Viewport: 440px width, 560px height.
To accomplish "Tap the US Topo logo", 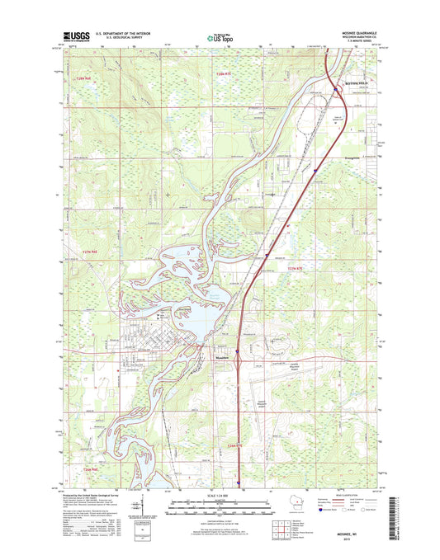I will point(220,35).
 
